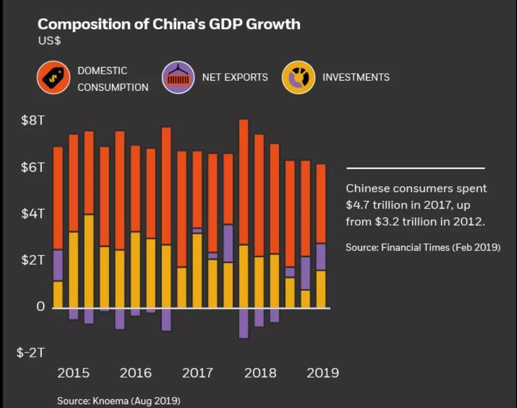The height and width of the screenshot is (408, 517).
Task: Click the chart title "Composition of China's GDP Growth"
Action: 169,24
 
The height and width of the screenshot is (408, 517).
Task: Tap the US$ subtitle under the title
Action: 49,41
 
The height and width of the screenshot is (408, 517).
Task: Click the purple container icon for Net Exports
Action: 178,78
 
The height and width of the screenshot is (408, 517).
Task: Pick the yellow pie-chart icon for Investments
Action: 299,78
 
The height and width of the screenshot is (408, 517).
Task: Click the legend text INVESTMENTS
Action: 356,78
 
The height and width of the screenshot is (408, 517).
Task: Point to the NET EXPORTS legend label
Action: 235,78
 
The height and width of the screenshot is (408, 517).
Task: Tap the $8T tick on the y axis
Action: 33,121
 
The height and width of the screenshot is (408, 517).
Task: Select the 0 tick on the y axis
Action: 41,307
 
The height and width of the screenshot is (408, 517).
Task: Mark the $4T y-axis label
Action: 33,214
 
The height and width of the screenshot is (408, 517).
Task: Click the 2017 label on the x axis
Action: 197,373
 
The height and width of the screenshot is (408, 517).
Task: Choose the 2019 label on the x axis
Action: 323,373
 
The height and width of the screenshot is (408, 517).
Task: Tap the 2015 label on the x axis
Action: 73,373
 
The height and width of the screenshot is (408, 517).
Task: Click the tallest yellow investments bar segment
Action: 89,260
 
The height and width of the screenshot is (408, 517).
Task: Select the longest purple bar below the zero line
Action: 244,323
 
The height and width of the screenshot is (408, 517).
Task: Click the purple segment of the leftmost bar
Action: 58,265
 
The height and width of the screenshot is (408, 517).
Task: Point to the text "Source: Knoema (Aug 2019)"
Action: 119,401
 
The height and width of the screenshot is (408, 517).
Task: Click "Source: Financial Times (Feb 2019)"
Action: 423,247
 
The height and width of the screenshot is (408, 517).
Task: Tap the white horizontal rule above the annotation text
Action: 415,168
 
